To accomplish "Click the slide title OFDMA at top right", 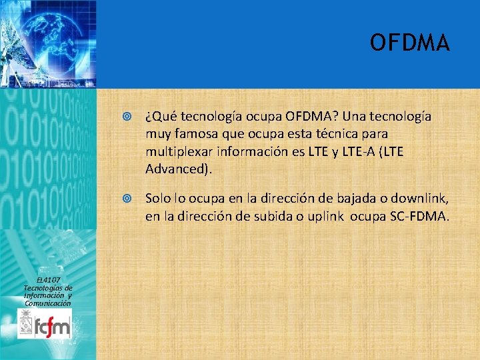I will point(410,43).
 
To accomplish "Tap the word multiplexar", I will point(176,151).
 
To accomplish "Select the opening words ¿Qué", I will point(158,117).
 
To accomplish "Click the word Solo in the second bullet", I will point(157,199).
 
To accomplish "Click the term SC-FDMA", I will point(420,216).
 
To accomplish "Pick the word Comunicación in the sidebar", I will point(47,303).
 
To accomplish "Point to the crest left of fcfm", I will point(27,325).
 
